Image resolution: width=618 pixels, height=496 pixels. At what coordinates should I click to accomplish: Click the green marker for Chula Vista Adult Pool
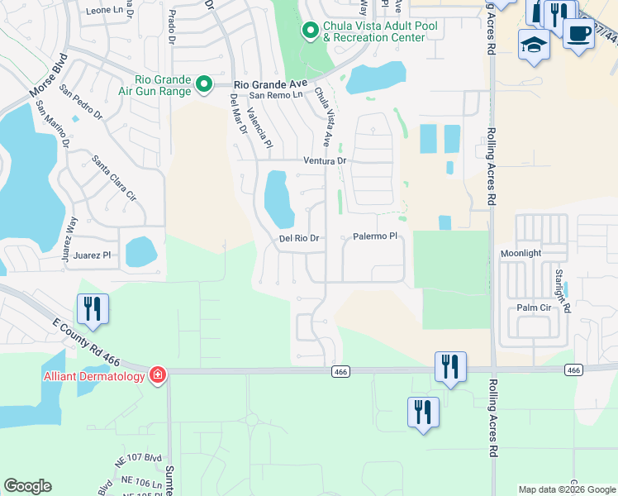310,31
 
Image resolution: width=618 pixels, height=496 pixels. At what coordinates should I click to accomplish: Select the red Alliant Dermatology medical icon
157,376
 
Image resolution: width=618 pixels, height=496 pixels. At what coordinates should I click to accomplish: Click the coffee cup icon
578,33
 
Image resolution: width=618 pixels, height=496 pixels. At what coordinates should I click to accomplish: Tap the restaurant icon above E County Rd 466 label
93,308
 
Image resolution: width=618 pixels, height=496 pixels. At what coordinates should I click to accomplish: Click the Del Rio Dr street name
299,238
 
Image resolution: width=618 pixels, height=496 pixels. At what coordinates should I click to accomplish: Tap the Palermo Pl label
376,236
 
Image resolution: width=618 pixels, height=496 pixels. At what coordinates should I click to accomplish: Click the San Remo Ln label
277,95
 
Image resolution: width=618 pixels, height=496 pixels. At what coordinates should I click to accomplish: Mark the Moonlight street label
521,252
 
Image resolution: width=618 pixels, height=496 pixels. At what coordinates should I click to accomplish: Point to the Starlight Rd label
563,289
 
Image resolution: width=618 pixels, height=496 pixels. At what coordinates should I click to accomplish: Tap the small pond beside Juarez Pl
140,251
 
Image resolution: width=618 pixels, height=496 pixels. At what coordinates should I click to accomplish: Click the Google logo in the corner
27,486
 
